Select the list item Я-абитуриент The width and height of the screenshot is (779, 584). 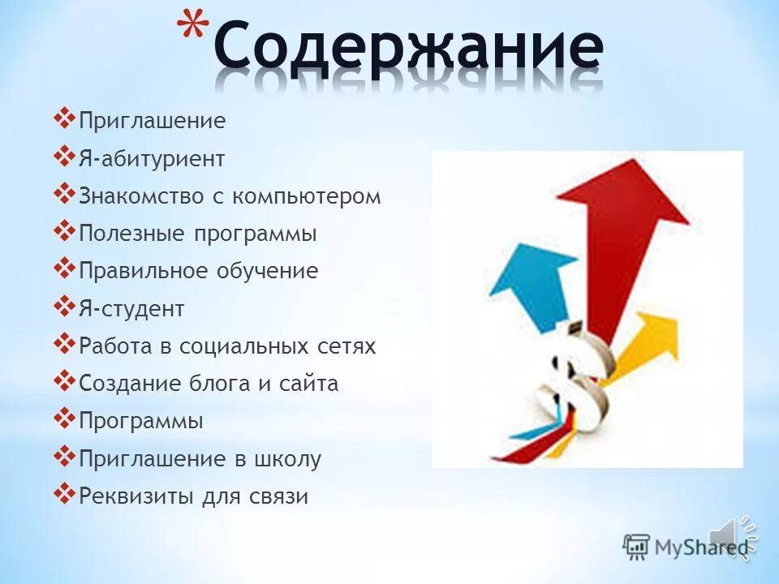point(152,159)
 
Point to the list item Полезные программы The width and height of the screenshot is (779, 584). point(197,234)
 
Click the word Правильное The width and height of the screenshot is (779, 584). point(143,271)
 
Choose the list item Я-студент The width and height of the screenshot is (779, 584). point(131,309)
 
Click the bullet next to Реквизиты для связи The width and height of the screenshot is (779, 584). point(65,492)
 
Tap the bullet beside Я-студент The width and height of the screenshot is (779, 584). point(65,305)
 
